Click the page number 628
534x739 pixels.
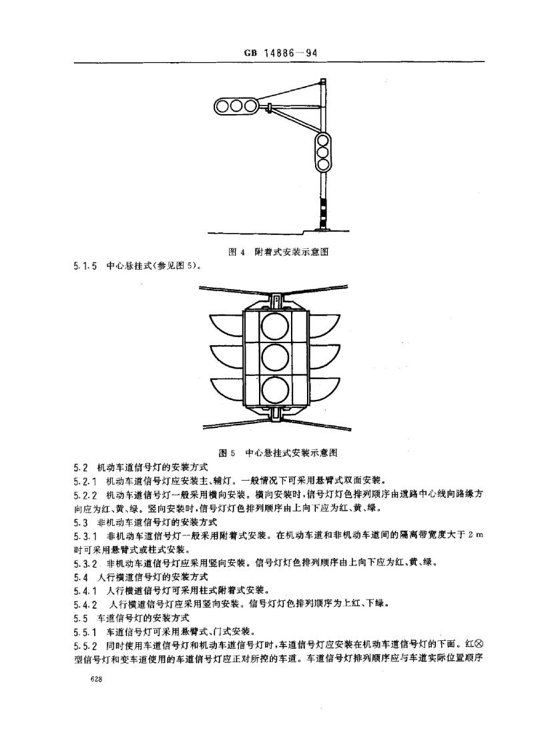pos(98,680)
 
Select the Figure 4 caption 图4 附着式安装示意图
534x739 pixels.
pos(278,252)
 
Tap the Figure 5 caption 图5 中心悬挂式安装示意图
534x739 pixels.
pos(278,453)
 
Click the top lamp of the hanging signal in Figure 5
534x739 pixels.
pos(275,326)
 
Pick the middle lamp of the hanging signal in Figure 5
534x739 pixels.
pos(275,359)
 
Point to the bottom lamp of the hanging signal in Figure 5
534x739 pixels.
pos(275,391)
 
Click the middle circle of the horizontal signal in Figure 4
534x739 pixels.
pos(236,105)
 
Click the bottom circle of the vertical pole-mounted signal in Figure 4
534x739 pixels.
pos(323,164)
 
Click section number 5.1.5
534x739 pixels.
pos(85,266)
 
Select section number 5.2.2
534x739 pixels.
pos(85,495)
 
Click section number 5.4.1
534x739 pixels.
pos(85,591)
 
